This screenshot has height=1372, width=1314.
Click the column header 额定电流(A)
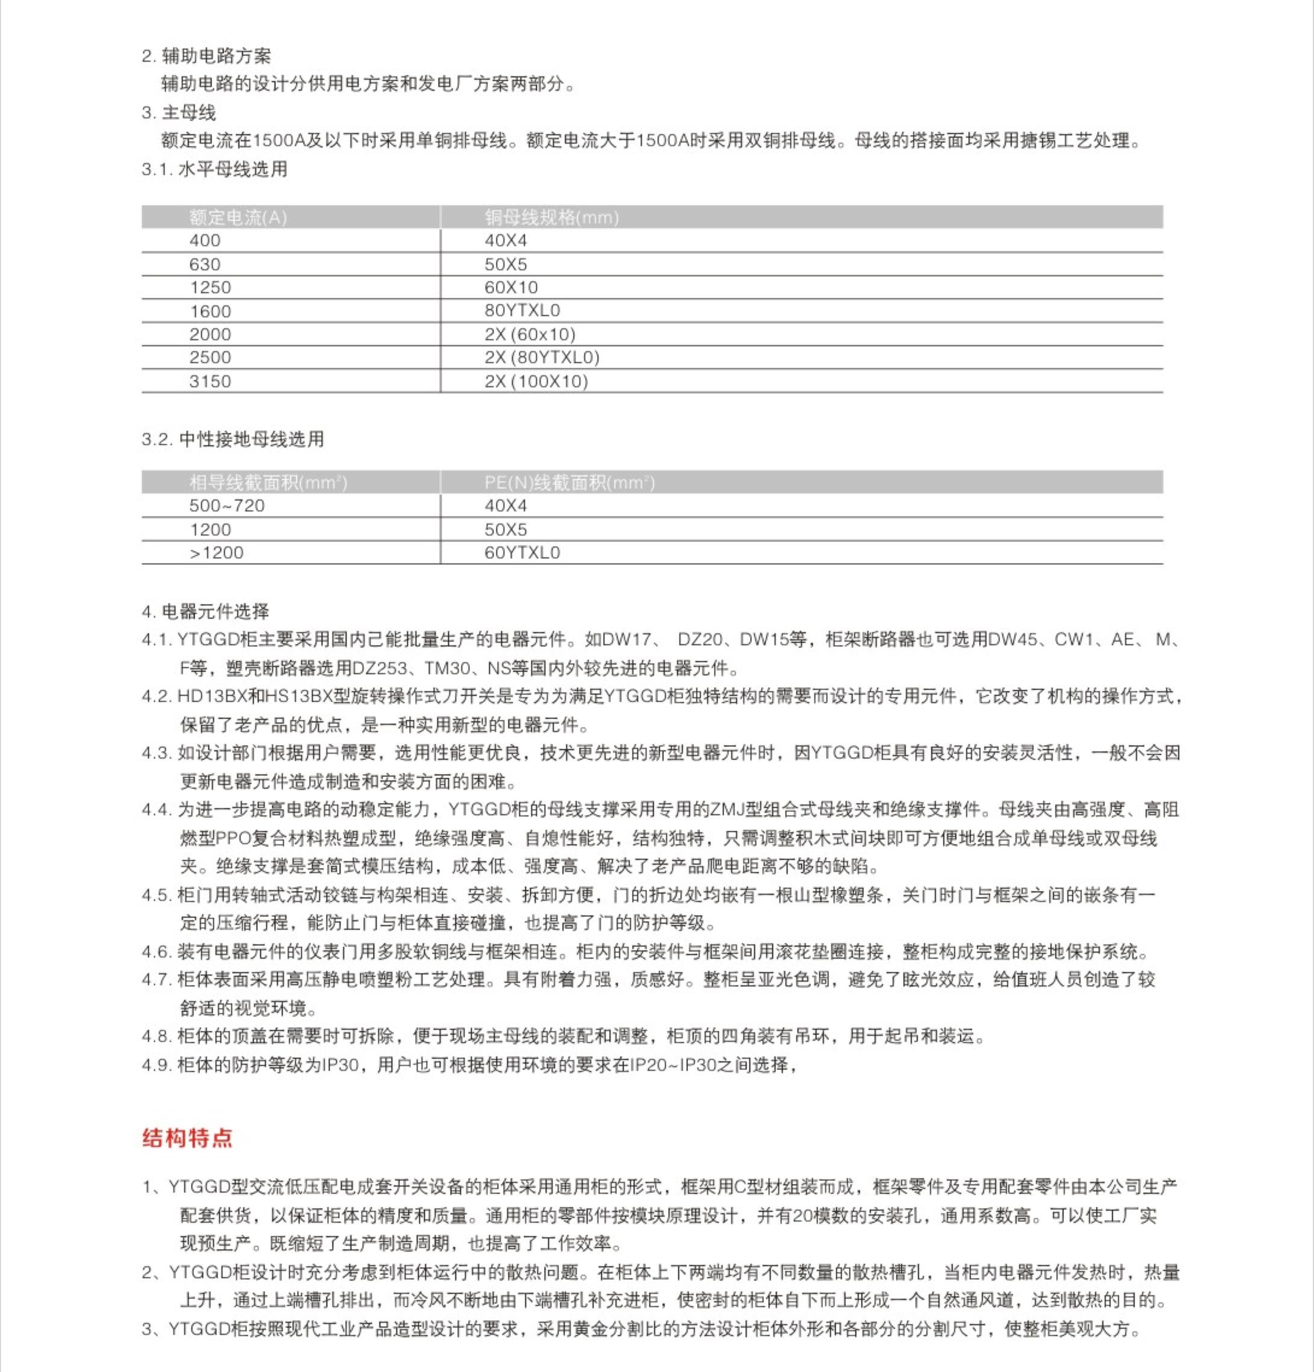pos(238,218)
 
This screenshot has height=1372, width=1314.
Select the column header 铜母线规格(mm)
pos(551,218)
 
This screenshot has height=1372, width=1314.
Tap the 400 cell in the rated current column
pos(204,241)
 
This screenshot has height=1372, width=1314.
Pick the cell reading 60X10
pos(511,287)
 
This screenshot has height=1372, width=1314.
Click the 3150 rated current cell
pos(210,381)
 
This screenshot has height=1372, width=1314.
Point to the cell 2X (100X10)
pos(536,381)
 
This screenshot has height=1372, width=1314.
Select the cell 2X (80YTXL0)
pos(542,357)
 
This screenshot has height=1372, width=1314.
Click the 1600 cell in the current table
pos(210,311)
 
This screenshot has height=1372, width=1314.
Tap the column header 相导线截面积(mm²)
pos(268,482)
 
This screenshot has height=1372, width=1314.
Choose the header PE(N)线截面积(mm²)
pos(569,482)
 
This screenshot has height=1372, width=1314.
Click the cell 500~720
pos(227,505)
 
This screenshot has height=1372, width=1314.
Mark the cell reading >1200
pos(216,552)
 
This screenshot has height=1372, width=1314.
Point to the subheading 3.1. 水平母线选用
pos(214,169)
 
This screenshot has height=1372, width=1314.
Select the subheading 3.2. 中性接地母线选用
pos(233,439)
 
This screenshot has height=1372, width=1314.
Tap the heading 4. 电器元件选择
pos(205,611)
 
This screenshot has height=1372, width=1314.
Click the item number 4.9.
pos(156,1065)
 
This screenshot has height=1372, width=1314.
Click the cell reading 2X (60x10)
pos(530,334)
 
